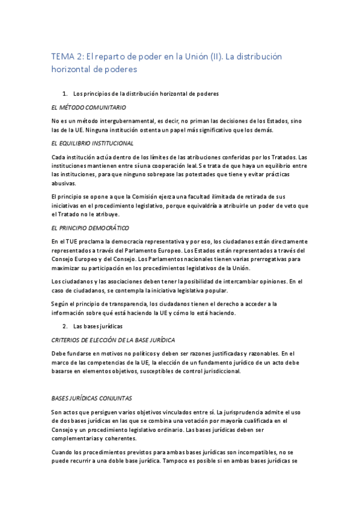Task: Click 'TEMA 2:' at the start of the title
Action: [x=67, y=57]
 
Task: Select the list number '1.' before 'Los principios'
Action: [x=66, y=94]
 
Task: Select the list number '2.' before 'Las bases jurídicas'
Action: [x=66, y=326]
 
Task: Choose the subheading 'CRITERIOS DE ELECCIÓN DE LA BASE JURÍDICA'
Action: [x=113, y=340]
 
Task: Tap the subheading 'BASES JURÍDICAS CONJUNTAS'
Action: [x=96, y=398]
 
